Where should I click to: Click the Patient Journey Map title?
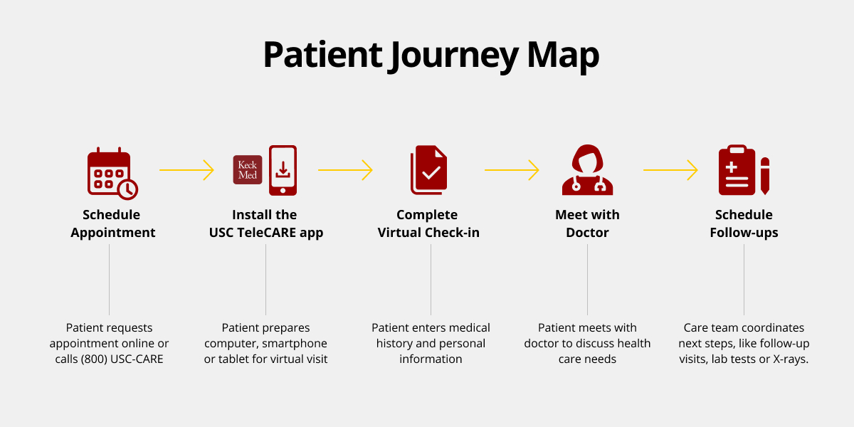pyautogui.click(x=431, y=56)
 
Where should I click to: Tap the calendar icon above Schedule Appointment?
pyautogui.click(x=108, y=171)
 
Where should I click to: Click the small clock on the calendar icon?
pyautogui.click(x=128, y=189)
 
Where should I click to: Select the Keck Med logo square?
pyautogui.click(x=248, y=170)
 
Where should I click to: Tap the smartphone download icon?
pyautogui.click(x=283, y=170)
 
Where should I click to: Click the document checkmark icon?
pyautogui.click(x=429, y=170)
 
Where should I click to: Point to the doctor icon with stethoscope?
pyautogui.click(x=587, y=170)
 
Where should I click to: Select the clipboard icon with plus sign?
pyautogui.click(x=737, y=170)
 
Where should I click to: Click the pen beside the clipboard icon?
pyautogui.click(x=765, y=176)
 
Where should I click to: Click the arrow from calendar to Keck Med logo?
pyautogui.click(x=186, y=170)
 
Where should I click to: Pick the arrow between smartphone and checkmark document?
pyautogui.click(x=345, y=170)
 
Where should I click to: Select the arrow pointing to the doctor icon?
pyautogui.click(x=512, y=170)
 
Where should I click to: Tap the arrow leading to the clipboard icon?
pyautogui.click(x=670, y=170)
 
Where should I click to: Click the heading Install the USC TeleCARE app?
pyautogui.click(x=265, y=223)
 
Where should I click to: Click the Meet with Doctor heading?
pyautogui.click(x=587, y=223)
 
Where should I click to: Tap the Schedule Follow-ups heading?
pyautogui.click(x=744, y=223)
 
